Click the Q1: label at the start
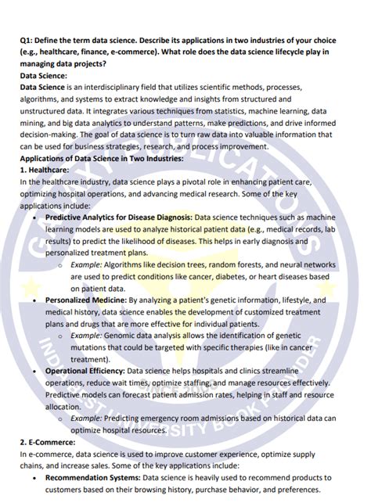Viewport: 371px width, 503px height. pos(28,40)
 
